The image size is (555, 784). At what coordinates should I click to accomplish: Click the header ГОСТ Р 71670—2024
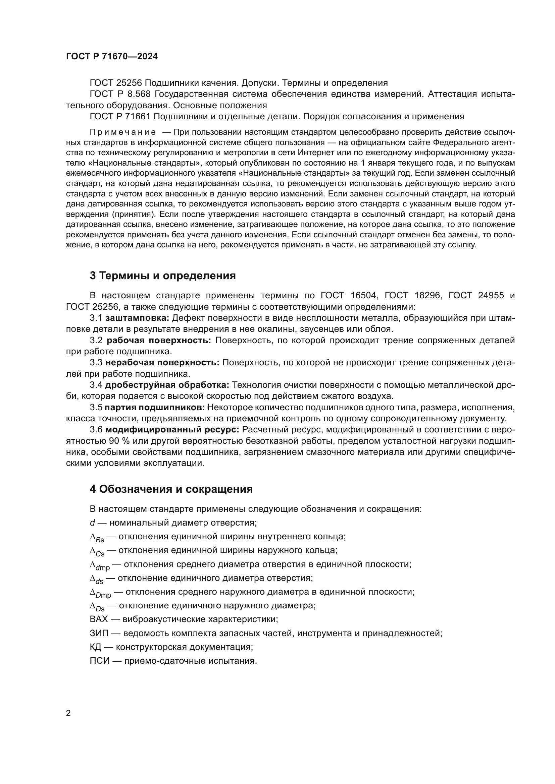coord(112,57)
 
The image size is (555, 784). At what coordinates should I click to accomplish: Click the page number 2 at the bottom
coord(68,713)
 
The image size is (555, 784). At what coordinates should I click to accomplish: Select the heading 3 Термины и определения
coord(163,276)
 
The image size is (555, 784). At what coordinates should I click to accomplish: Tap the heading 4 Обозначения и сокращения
coord(171,489)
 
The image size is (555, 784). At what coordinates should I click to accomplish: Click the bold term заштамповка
coord(137,318)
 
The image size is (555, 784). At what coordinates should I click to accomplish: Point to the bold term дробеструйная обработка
coord(167,385)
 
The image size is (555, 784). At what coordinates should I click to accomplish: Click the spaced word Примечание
coord(123,132)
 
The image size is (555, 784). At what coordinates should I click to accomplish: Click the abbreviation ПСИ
coord(99,661)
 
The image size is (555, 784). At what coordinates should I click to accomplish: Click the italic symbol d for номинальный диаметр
coord(92,523)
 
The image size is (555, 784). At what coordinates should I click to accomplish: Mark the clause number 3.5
coord(96,407)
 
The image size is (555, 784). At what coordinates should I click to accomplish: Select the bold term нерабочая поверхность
coord(162,363)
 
